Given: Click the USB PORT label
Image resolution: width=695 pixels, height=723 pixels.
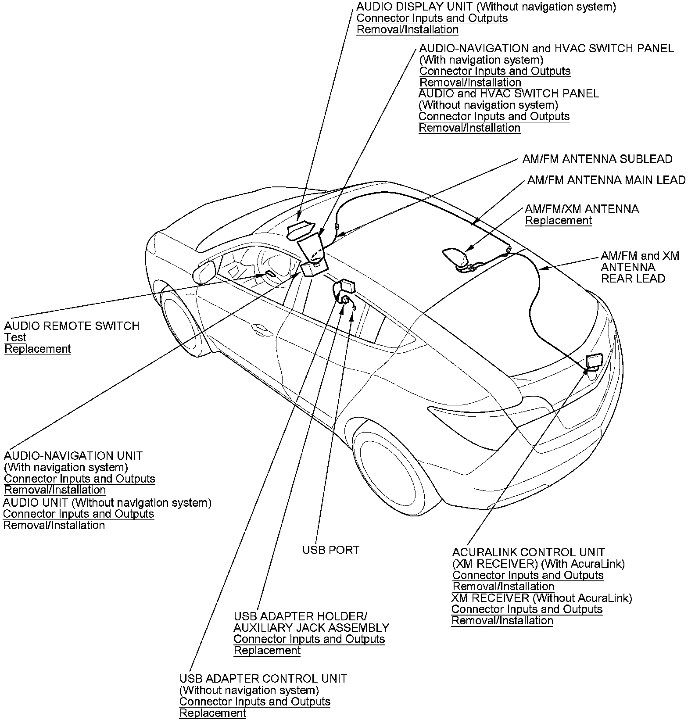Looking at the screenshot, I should [x=331, y=550].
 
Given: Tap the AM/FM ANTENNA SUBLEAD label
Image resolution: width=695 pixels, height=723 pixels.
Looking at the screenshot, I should [x=597, y=159].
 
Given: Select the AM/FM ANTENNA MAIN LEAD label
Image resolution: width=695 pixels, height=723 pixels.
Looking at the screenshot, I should [x=606, y=180].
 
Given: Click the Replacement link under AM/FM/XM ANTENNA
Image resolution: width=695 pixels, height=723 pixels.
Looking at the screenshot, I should [x=559, y=220].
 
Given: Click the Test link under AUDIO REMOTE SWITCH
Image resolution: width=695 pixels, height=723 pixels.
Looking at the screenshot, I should [x=15, y=337].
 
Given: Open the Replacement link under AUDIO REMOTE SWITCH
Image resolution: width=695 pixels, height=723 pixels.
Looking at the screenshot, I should [x=38, y=349].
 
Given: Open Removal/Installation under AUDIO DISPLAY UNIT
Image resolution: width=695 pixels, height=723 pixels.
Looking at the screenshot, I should [x=408, y=30].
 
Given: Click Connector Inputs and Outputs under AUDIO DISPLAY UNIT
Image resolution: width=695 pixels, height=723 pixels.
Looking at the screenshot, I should [x=432, y=18].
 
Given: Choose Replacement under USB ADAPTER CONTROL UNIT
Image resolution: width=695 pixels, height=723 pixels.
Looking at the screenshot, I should [x=213, y=713].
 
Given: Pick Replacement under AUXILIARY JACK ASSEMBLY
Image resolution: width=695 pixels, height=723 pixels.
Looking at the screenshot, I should [x=267, y=650].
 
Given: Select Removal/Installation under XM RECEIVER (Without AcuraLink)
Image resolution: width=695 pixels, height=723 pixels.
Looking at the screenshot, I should [x=502, y=620].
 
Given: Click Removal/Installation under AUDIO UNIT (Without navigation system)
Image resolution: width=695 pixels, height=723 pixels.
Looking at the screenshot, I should [x=54, y=525].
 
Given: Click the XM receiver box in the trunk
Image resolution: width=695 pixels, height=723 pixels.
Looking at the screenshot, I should [x=594, y=361].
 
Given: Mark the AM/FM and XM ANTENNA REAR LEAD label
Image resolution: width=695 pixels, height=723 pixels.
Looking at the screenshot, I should [x=640, y=267].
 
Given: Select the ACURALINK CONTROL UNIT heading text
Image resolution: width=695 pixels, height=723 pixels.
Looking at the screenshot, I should [x=529, y=552].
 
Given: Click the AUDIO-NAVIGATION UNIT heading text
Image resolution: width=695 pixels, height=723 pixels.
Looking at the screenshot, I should [x=73, y=456].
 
